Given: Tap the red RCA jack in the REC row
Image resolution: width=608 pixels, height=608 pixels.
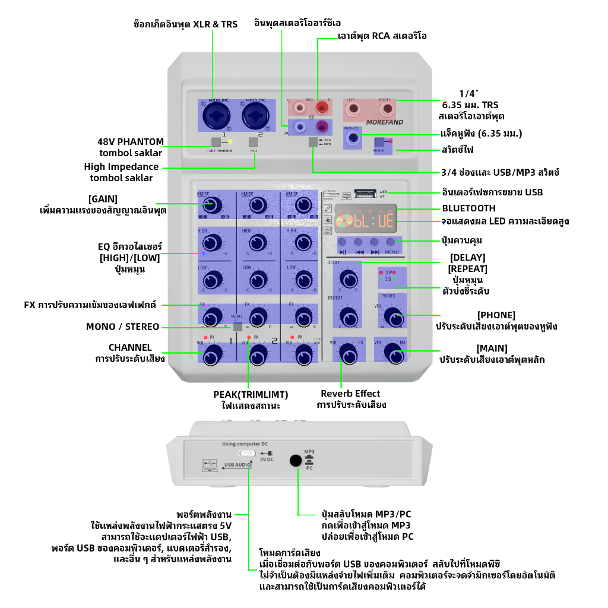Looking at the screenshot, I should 322,107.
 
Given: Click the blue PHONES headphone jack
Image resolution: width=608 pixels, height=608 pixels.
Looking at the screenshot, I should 354,138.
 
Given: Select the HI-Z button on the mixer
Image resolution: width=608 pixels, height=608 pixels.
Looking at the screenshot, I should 254,142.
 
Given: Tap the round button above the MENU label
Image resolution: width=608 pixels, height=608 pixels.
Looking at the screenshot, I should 390,242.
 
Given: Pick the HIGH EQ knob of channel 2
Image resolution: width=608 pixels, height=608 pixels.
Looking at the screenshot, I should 257,242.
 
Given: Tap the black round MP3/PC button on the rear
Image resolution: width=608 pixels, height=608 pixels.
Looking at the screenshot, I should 295,460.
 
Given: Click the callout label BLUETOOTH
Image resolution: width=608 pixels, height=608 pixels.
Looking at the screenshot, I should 468,208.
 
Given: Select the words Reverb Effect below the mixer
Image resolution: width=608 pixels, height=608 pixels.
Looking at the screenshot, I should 350,394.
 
